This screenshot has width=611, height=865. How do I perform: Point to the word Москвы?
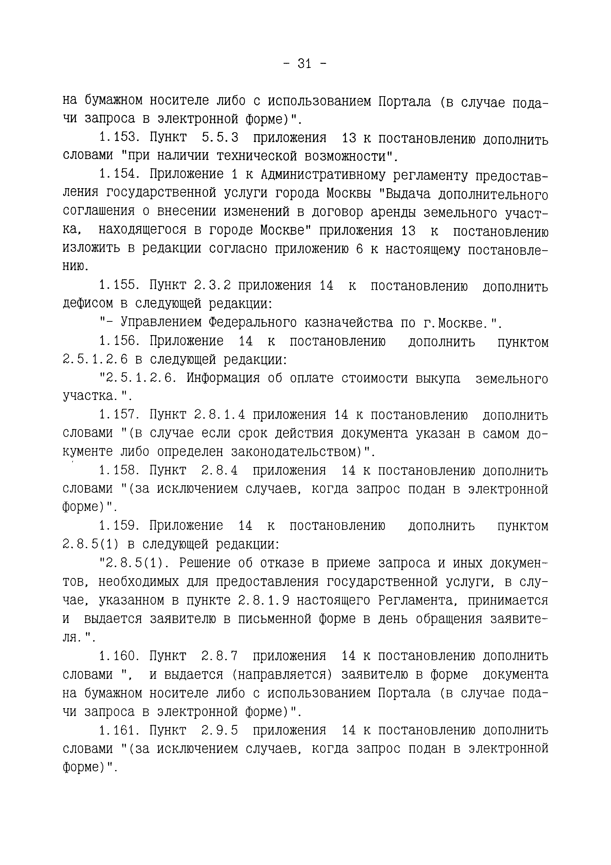point(348,193)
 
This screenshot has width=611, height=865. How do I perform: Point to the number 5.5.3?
point(220,138)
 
